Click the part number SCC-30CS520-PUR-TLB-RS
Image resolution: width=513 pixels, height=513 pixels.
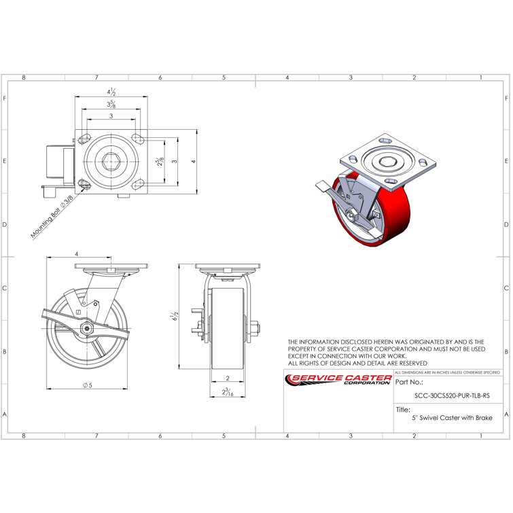tap(451, 395)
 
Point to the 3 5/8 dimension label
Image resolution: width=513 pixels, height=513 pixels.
tap(109, 104)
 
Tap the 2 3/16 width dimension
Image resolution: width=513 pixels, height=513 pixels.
tap(227, 392)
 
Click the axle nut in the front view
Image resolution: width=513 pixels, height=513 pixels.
tap(255, 331)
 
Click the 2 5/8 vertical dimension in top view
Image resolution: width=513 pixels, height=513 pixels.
tap(160, 162)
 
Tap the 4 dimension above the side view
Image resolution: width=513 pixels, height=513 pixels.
tap(77, 253)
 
